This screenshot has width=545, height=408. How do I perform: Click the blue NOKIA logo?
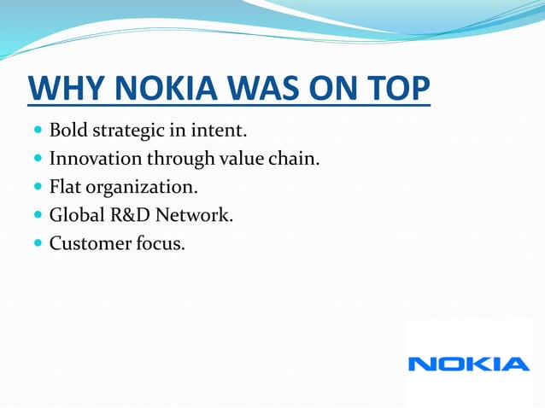(469, 364)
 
